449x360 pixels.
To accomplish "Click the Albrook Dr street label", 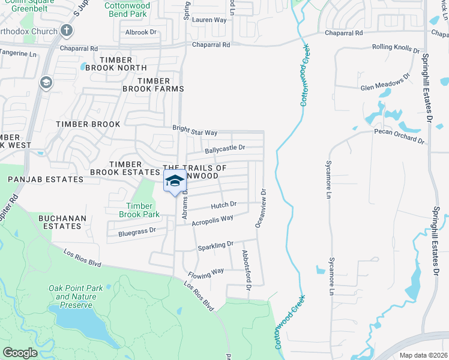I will (140, 32).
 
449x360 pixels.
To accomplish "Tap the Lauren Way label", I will (209, 20).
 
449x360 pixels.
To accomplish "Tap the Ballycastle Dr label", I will (225, 148).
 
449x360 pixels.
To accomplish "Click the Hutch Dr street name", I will (223, 205).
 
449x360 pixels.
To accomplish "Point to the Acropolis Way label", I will (212, 221).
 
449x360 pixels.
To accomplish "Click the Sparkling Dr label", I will (215, 246).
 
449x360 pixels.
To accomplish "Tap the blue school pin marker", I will (175, 181).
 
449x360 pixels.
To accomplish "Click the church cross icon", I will (67, 30).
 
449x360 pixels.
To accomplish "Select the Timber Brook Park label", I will (139, 210).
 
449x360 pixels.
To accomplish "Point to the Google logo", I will (20, 353).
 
